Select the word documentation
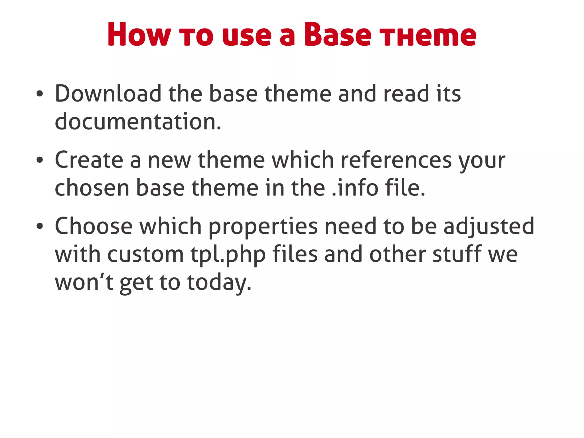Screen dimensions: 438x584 point(138,122)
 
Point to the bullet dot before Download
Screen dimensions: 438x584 point(40,94)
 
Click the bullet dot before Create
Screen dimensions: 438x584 point(40,160)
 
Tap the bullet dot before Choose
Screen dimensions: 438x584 point(40,226)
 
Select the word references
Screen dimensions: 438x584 point(396,160)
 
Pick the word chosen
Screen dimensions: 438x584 point(92,188)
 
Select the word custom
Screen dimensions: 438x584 point(145,254)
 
